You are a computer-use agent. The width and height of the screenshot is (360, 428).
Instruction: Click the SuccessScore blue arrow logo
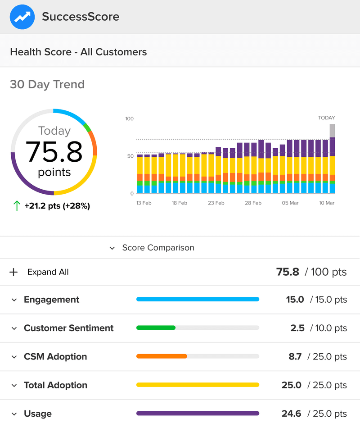(x=22, y=17)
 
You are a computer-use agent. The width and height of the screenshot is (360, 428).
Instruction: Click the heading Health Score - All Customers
(x=78, y=52)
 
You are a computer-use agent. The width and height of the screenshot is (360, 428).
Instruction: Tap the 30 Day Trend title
(x=47, y=84)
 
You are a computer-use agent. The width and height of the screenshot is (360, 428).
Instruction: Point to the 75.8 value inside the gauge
(x=54, y=151)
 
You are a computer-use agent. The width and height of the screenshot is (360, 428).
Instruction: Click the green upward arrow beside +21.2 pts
(x=17, y=206)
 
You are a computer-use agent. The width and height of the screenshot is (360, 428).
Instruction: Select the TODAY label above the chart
(x=326, y=118)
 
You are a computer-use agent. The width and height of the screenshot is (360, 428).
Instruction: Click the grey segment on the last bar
(x=332, y=131)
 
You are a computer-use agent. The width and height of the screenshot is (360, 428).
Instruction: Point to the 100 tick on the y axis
(x=130, y=119)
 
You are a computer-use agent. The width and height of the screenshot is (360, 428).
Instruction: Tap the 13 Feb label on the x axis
(x=144, y=203)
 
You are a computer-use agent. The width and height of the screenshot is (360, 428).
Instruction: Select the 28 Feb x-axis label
(x=253, y=203)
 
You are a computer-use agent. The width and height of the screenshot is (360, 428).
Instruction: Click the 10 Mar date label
(x=327, y=203)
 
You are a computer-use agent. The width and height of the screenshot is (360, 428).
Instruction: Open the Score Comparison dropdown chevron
(x=112, y=248)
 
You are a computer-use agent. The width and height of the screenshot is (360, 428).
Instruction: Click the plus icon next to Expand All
(x=14, y=272)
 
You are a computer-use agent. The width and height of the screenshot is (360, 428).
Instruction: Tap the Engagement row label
(x=51, y=300)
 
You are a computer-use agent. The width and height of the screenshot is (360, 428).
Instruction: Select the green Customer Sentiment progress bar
(x=156, y=328)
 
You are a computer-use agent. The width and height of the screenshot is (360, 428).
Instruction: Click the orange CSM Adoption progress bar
(x=162, y=356)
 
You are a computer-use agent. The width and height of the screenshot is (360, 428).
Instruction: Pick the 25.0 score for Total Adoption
(x=295, y=385)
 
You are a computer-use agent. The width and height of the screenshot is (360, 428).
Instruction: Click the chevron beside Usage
(x=14, y=414)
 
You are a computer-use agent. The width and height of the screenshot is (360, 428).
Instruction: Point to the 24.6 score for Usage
(x=295, y=414)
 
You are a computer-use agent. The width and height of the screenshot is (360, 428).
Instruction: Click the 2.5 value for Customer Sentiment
(x=297, y=328)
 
